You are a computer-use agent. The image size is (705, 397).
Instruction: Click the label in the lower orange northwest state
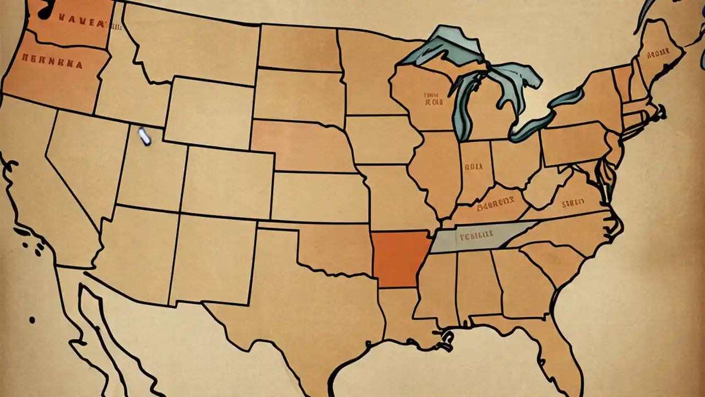tap(53, 63)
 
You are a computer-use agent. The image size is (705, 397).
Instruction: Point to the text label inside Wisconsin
tap(435, 99)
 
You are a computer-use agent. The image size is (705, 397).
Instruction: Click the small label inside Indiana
tap(473, 165)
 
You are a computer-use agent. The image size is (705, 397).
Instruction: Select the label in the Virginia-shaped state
tap(573, 203)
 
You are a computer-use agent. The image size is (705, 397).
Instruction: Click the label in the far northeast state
tap(658, 53)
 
